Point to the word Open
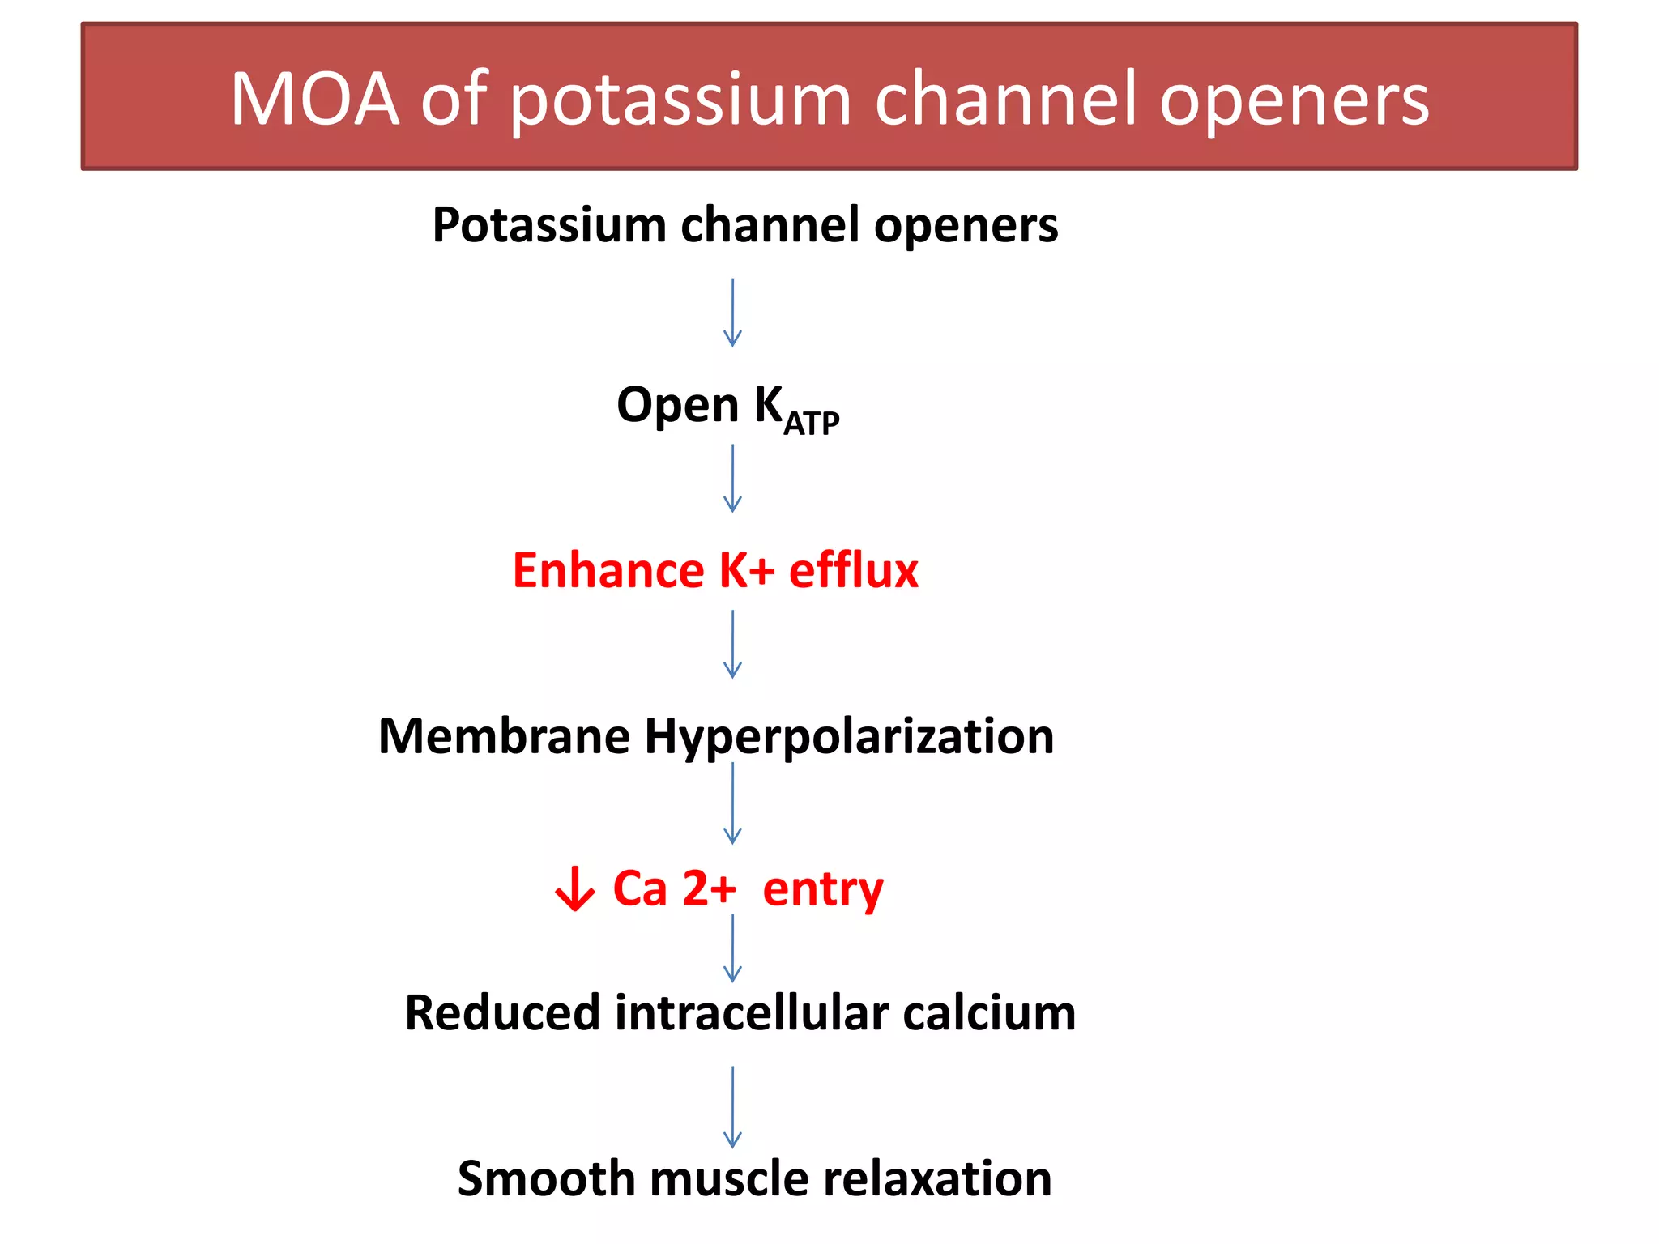(x=678, y=405)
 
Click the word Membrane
(x=504, y=736)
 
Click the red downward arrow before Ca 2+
(x=574, y=888)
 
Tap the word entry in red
(x=822, y=890)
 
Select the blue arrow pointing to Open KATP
(x=732, y=313)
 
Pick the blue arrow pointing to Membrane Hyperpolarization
(x=732, y=644)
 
